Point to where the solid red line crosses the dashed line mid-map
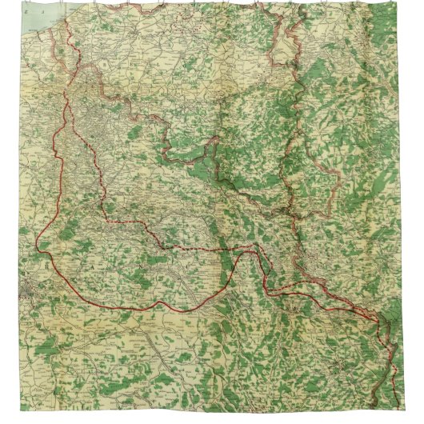pos(240,251)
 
